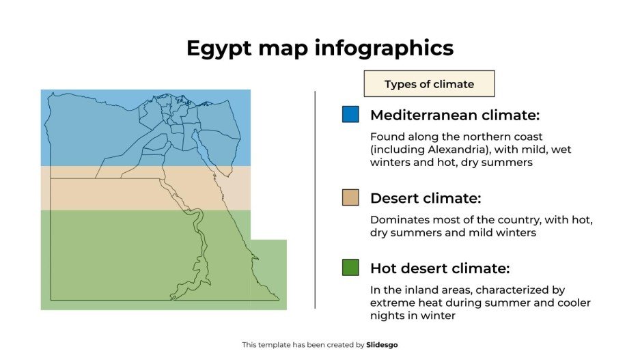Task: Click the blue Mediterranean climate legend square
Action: pos(350,114)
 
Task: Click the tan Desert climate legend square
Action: pos(350,197)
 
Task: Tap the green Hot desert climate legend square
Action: pos(350,267)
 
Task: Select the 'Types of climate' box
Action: pos(429,84)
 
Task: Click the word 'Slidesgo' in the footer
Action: pos(382,345)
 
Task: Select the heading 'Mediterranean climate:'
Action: pos(455,114)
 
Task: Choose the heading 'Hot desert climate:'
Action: pos(440,267)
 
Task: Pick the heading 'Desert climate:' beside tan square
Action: pos(426,198)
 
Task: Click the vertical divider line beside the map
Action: pos(315,199)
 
